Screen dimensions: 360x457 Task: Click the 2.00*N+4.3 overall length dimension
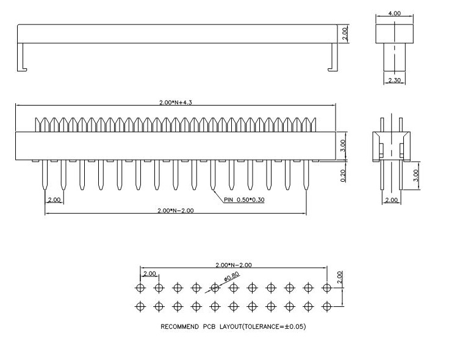coord(175,103)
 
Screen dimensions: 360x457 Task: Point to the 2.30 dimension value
coord(394,81)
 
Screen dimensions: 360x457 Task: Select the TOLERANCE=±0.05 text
coord(274,326)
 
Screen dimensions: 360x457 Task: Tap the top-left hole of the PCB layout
coord(140,287)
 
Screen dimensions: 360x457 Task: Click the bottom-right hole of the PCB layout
coord(327,306)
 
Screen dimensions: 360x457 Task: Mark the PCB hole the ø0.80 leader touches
coord(215,287)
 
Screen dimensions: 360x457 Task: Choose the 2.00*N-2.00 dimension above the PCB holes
coord(234,265)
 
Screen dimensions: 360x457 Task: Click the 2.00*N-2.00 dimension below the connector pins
coord(176,211)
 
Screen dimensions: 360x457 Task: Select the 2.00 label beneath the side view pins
coord(390,200)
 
